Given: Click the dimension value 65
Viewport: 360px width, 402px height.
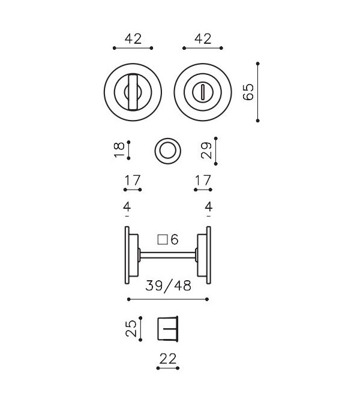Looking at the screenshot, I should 249,92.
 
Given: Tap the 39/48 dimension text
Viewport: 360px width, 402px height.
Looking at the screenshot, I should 168,286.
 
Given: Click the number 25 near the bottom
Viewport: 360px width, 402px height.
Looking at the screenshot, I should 131,328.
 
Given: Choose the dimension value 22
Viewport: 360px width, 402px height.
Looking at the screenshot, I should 169,359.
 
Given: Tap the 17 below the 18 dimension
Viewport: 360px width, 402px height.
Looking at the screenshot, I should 133,179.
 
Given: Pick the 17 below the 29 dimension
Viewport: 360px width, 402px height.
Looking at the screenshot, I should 203,179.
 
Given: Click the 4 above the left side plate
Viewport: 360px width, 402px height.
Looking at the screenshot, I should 127,208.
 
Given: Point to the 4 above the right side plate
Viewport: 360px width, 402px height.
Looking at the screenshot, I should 208,208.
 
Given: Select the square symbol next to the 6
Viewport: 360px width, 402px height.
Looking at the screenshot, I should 161,239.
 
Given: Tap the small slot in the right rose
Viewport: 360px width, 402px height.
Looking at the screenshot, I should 203,91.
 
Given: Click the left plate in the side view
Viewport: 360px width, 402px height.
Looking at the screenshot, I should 128,255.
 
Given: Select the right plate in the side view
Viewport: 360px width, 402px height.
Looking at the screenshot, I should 208,255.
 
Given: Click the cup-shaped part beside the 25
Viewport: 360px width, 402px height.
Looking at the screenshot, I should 169,329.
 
